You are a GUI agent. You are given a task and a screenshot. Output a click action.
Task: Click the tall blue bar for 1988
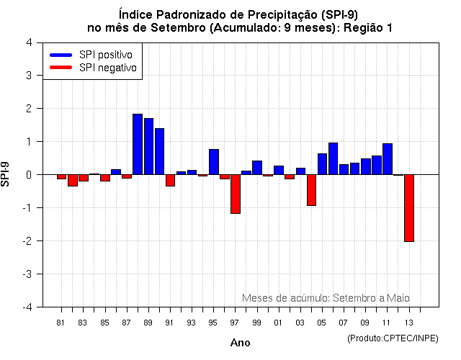[x=138, y=144]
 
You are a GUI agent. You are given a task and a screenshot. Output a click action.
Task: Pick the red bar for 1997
[x=236, y=194]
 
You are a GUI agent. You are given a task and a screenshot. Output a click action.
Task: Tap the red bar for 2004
[x=311, y=190]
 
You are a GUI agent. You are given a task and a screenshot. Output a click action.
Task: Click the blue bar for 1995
[x=214, y=162]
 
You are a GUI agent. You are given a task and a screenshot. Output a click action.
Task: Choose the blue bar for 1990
[x=159, y=151]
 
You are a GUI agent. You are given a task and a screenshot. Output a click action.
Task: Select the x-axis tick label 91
[x=169, y=322]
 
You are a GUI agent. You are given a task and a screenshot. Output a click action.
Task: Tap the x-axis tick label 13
[x=408, y=322]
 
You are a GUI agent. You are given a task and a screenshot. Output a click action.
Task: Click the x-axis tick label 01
[x=278, y=322]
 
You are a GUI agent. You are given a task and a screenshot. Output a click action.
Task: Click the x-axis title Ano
[x=240, y=343]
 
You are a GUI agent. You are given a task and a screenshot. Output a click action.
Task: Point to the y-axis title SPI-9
[x=6, y=174]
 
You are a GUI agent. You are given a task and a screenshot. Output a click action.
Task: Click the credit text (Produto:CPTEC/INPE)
[x=393, y=338]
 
